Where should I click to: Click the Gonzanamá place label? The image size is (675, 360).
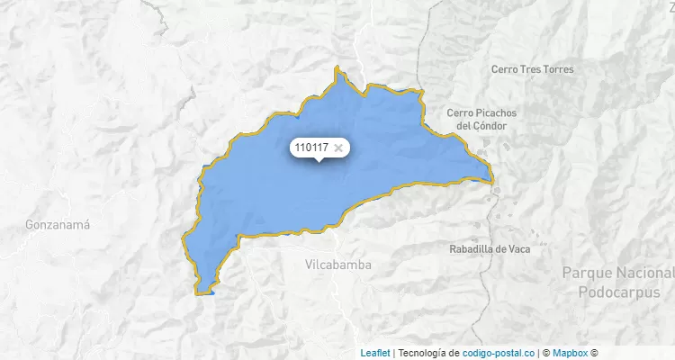pyautogui.click(x=58, y=224)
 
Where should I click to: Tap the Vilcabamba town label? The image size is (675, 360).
pyautogui.click(x=338, y=265)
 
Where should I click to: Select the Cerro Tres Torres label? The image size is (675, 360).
pyautogui.click(x=533, y=69)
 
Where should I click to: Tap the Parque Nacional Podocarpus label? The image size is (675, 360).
pyautogui.click(x=616, y=282)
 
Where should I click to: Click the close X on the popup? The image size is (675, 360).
pyautogui.click(x=338, y=148)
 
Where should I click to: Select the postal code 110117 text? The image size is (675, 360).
pyautogui.click(x=311, y=148)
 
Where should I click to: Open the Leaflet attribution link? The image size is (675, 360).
pyautogui.click(x=375, y=353)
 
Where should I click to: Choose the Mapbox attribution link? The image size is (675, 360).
pyautogui.click(x=570, y=353)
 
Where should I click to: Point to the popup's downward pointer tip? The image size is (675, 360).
pyautogui.click(x=319, y=162)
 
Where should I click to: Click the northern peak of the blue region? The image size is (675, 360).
pyautogui.click(x=337, y=67)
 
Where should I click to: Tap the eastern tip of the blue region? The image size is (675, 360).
pyautogui.click(x=492, y=179)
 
